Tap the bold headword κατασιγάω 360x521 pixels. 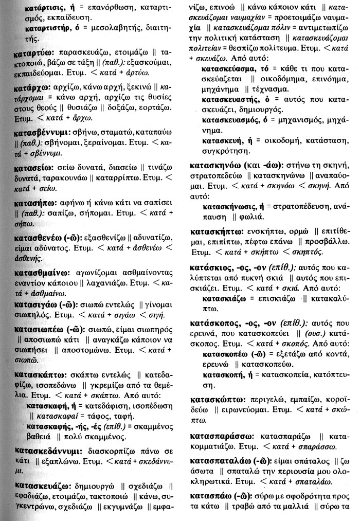tap(35, 307)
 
